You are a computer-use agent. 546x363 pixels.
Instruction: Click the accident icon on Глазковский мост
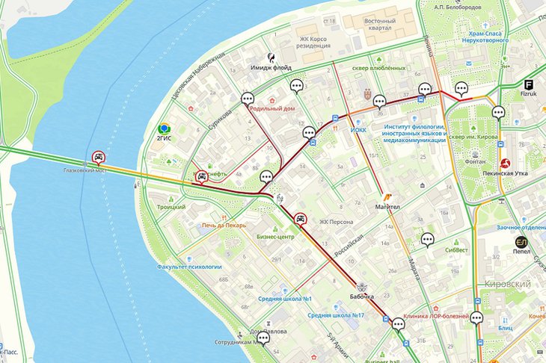[99, 157]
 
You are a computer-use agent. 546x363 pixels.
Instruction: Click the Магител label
[387, 206]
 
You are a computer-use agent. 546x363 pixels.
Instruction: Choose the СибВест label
[455, 251]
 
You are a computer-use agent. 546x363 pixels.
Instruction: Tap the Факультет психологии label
[189, 266]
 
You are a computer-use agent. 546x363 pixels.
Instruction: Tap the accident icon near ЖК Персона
[300, 219]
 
